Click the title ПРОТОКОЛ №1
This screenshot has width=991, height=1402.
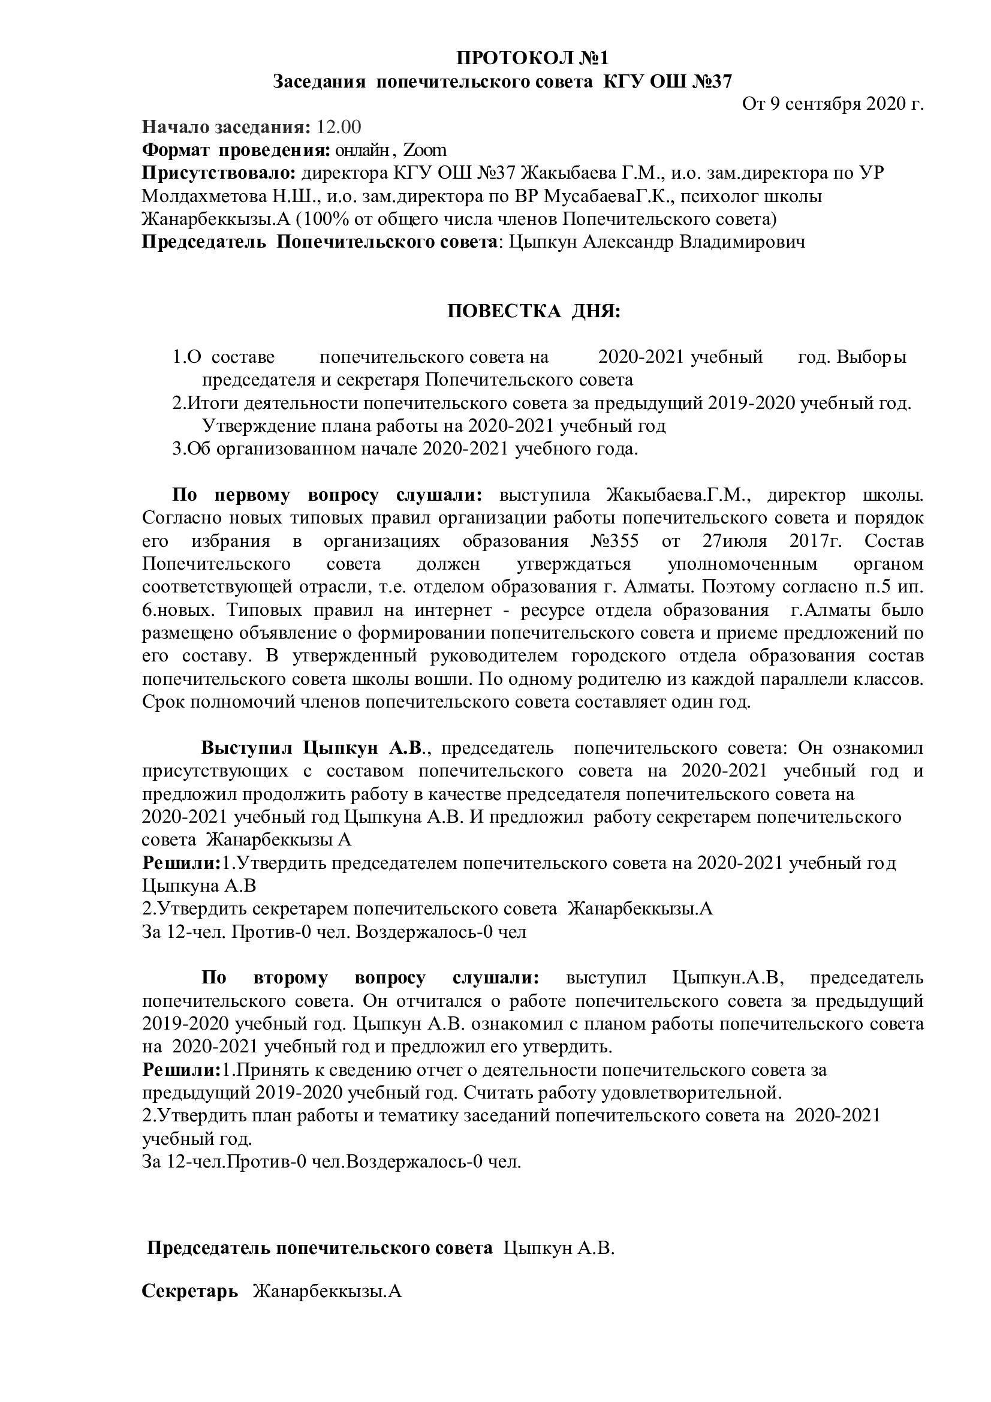click(532, 58)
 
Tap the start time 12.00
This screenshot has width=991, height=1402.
click(339, 127)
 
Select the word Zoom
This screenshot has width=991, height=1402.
click(425, 150)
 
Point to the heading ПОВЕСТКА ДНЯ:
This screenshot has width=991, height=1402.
click(533, 311)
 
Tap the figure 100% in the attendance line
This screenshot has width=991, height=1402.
click(328, 219)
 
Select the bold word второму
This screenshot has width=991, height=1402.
click(290, 977)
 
